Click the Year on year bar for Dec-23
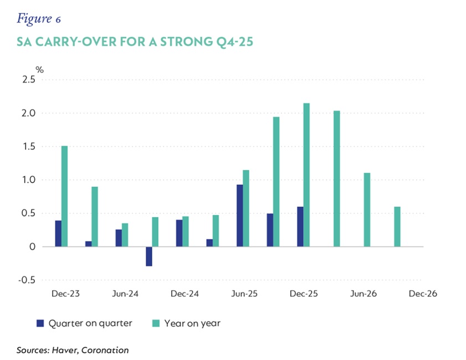click(x=64, y=196)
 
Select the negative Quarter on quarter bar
click(x=149, y=256)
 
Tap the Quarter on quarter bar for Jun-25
click(x=239, y=215)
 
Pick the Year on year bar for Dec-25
click(x=306, y=175)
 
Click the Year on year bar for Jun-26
click(x=367, y=210)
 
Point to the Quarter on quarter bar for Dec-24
click(x=179, y=233)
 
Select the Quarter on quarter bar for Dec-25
click(x=300, y=227)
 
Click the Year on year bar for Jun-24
click(x=125, y=235)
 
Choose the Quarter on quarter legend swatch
click(x=40, y=323)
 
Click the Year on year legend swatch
click(x=156, y=323)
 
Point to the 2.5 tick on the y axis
click(x=28, y=80)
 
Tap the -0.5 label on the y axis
click(x=27, y=280)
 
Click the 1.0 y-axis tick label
click(x=29, y=179)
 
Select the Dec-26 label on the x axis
click(x=423, y=294)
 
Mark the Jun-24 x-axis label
click(x=125, y=294)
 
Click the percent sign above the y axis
click(x=39, y=70)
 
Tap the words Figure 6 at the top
click(x=39, y=19)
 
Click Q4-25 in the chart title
click(x=235, y=42)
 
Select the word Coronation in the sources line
click(x=105, y=350)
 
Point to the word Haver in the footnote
click(x=65, y=351)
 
